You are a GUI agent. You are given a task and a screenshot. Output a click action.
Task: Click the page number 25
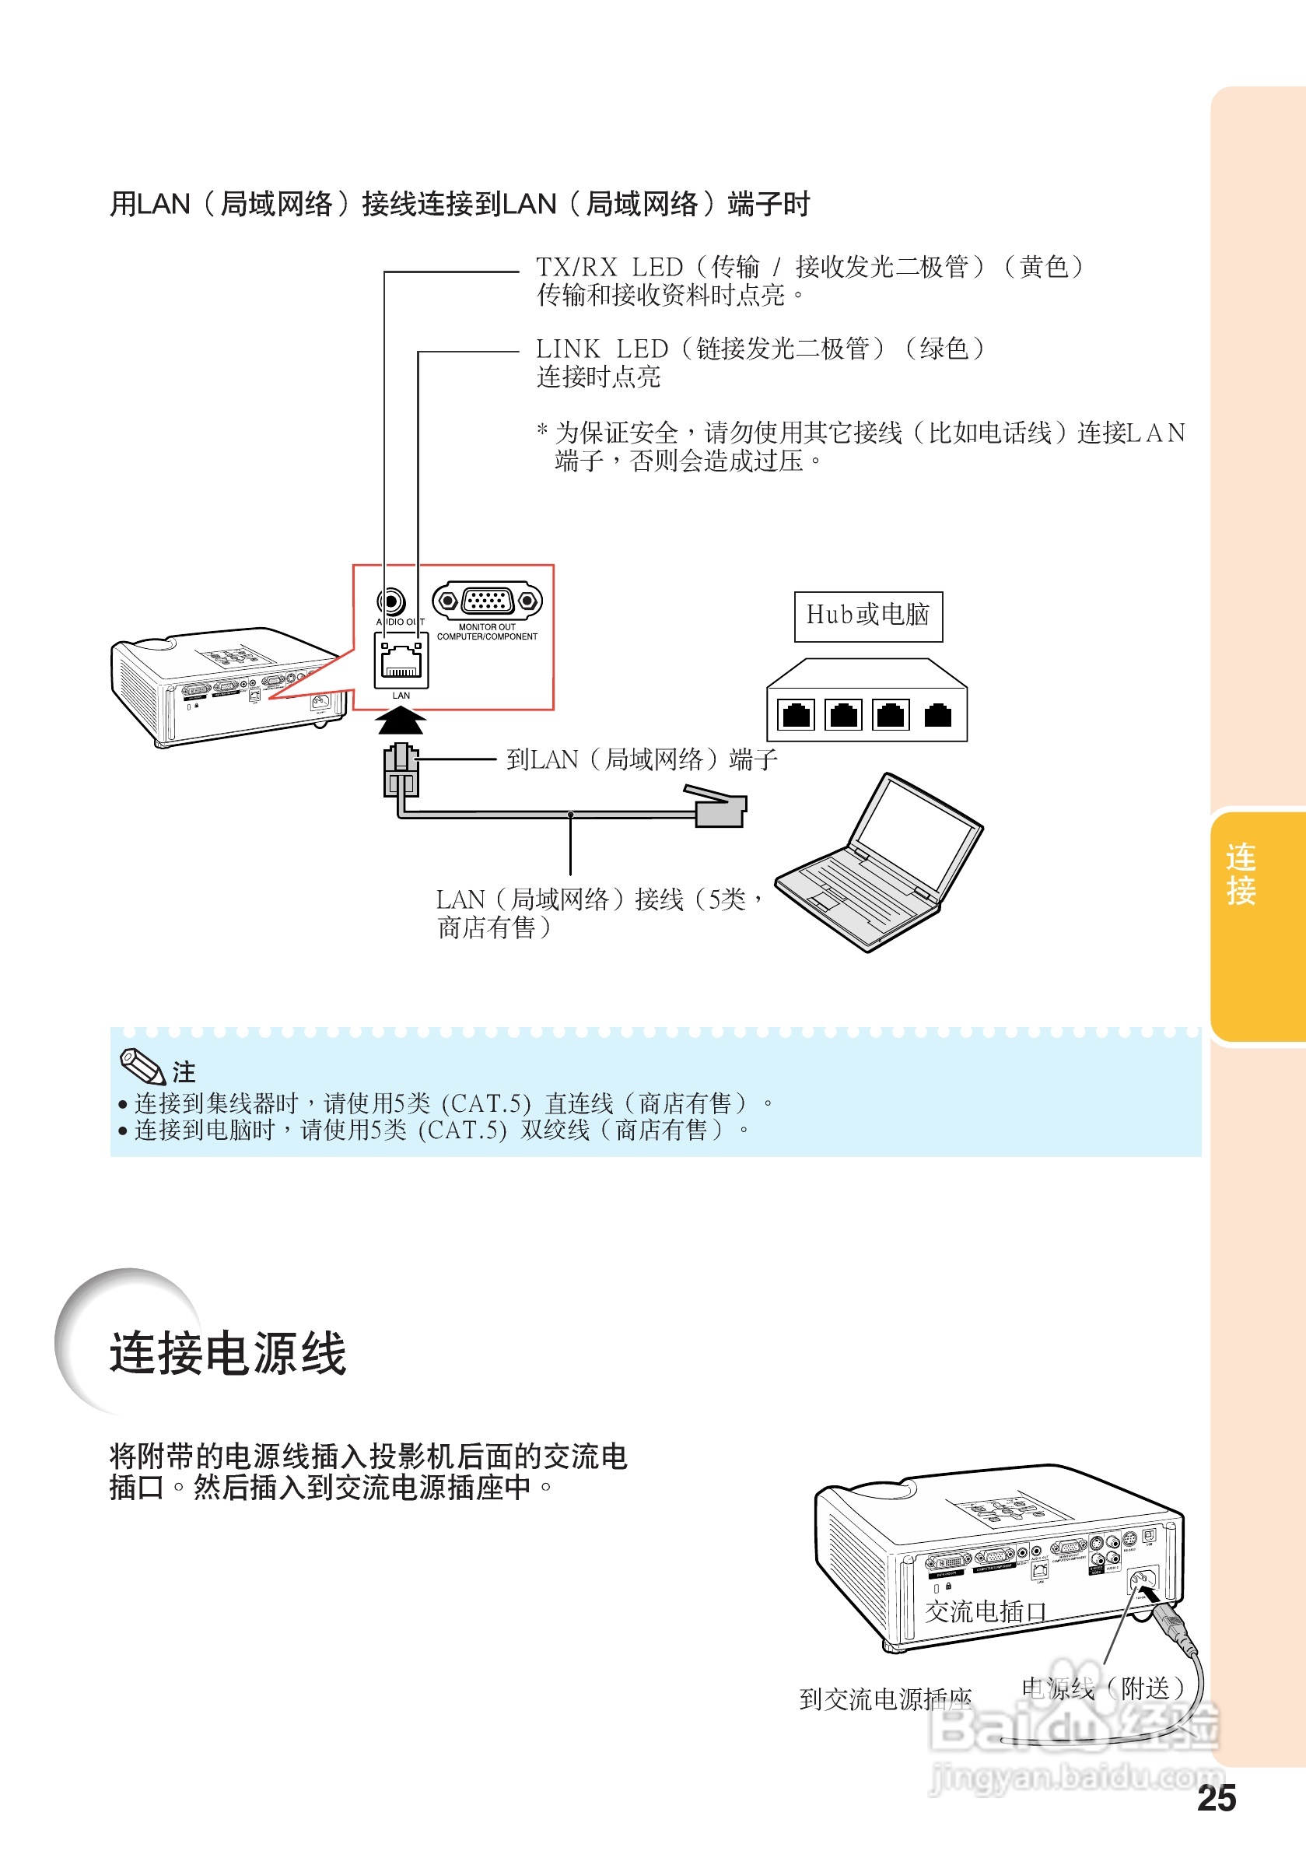(1217, 1799)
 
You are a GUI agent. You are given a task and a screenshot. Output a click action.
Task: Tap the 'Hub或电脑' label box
(868, 616)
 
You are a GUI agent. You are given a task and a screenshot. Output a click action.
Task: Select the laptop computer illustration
(880, 862)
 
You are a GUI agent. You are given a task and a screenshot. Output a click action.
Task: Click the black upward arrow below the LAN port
(401, 720)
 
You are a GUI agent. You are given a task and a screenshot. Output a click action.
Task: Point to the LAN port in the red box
(401, 661)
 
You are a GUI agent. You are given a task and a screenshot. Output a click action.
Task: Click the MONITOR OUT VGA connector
(487, 601)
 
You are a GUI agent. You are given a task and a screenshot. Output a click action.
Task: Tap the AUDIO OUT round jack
(391, 601)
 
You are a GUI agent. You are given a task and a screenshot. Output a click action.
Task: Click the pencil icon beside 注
(142, 1067)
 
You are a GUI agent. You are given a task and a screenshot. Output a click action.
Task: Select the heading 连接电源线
(228, 1354)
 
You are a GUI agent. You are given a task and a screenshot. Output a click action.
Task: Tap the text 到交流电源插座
(885, 1699)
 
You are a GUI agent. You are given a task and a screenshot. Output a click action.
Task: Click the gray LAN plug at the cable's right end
(720, 808)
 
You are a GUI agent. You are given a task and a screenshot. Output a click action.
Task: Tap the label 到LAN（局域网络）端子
(642, 759)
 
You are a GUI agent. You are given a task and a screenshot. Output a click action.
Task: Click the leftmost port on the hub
(797, 714)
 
